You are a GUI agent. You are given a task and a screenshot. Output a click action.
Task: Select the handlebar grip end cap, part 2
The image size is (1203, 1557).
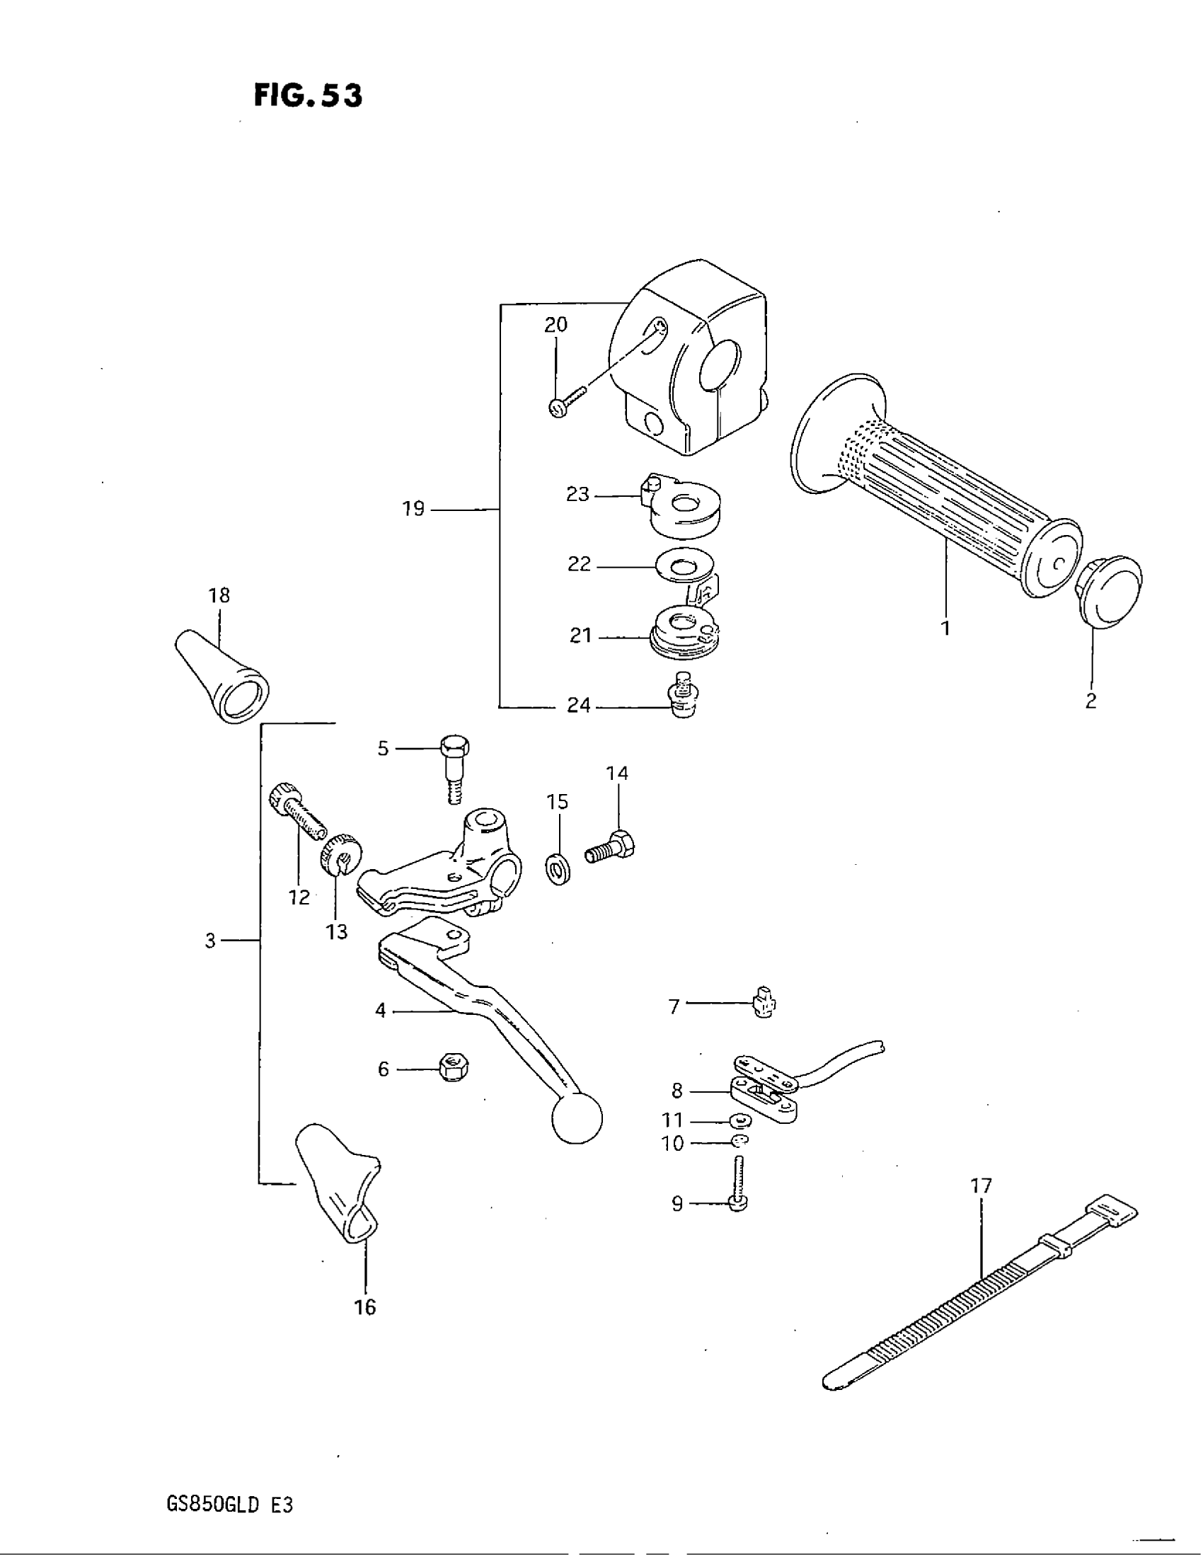(x=1110, y=590)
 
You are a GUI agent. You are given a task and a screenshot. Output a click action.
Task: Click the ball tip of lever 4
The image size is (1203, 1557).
(x=577, y=1118)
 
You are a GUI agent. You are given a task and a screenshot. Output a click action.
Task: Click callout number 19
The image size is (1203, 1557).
(x=413, y=509)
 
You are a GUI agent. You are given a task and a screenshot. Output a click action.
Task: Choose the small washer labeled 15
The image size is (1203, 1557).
(x=558, y=870)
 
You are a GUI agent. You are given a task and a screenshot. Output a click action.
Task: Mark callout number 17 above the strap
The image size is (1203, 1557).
(x=981, y=1186)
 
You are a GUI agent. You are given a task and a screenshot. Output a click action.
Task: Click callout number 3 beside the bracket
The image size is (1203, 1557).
(x=210, y=941)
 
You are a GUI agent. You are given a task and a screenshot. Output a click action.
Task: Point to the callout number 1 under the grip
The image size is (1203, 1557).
(x=945, y=628)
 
